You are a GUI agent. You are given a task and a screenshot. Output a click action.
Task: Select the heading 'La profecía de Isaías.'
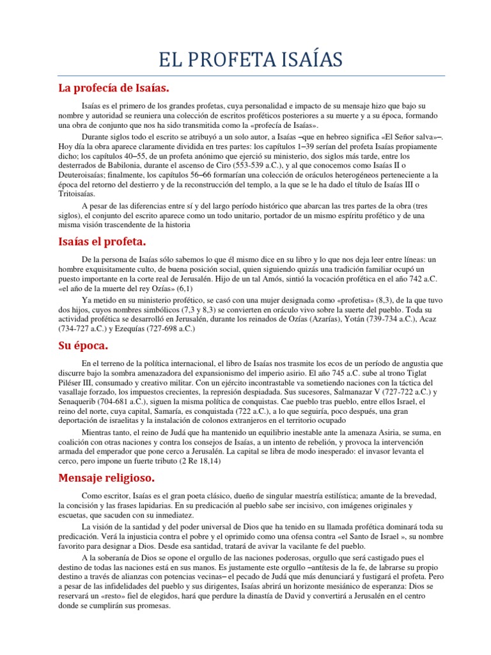[x=113, y=86]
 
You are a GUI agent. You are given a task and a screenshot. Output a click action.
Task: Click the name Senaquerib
[x=81, y=402]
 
